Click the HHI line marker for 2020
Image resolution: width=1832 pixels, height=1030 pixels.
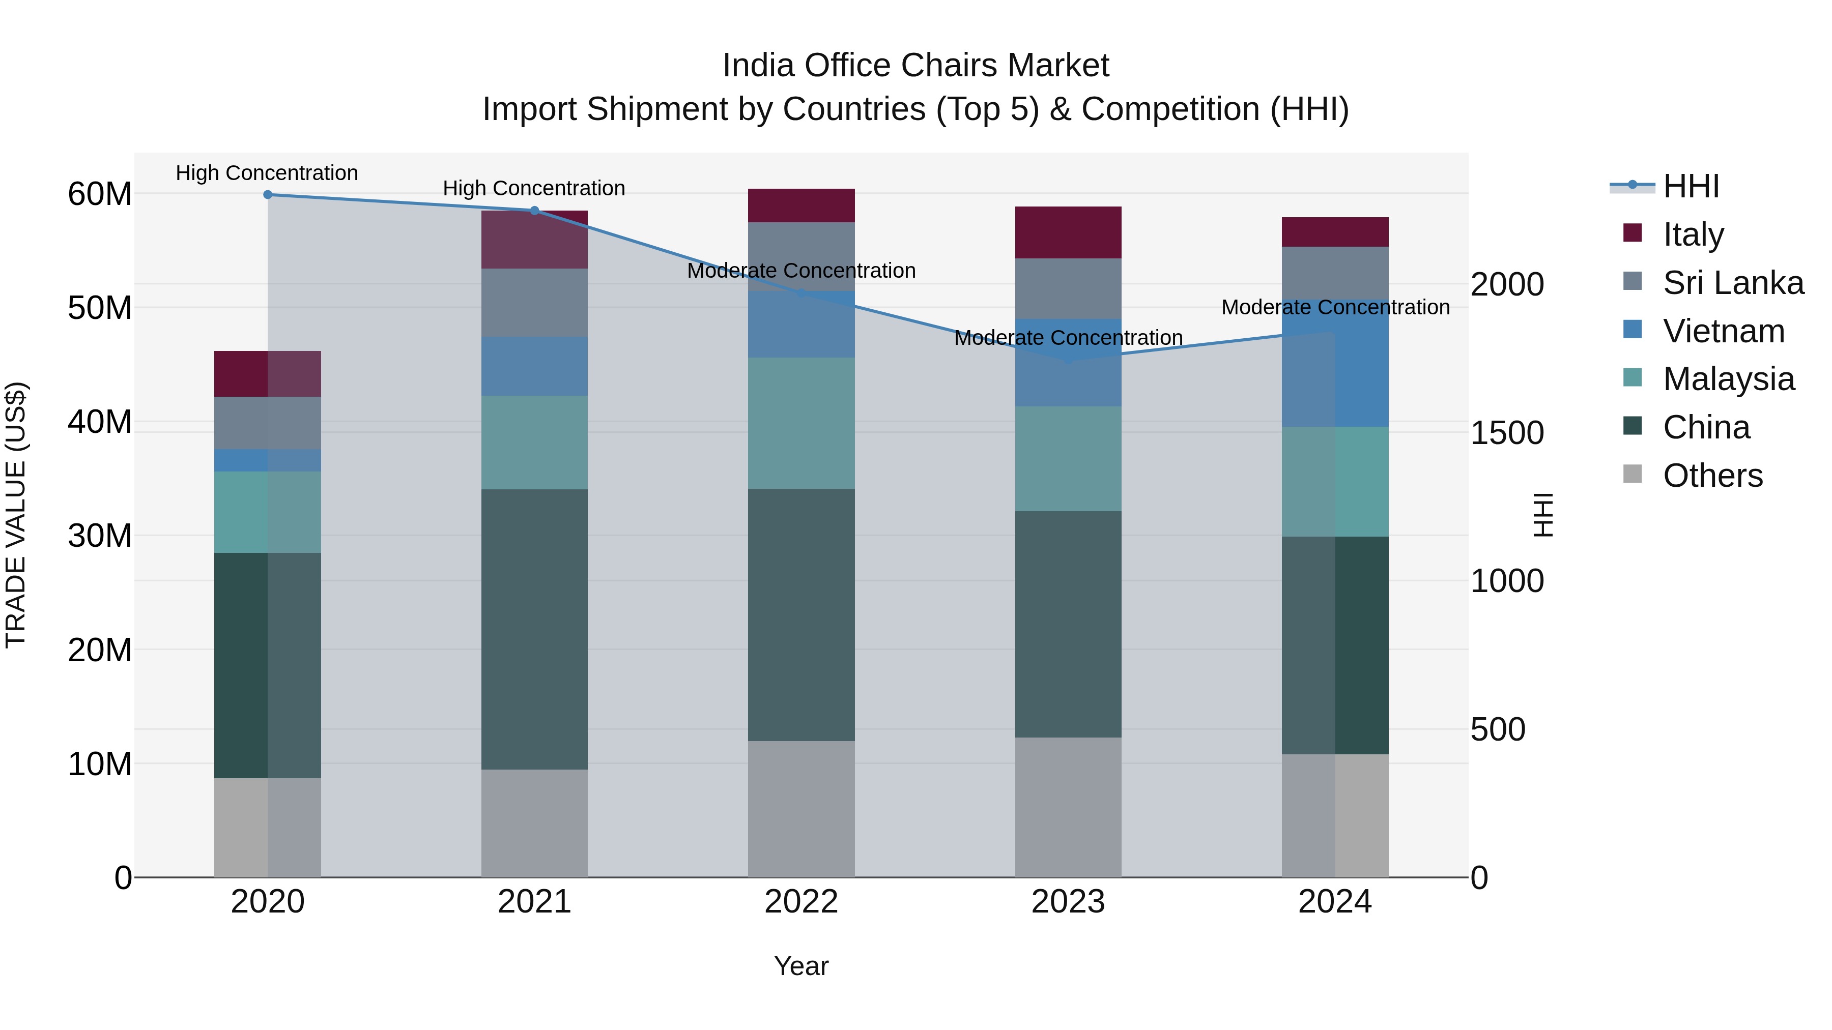267,195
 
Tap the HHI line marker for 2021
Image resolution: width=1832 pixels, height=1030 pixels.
535,211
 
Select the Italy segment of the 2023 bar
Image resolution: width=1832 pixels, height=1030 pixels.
1068,232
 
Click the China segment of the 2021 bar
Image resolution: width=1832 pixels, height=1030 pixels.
534,629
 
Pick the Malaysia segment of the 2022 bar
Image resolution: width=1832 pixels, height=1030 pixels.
801,423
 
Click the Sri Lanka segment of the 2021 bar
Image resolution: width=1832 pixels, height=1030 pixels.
534,302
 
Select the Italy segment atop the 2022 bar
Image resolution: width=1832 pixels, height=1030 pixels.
801,205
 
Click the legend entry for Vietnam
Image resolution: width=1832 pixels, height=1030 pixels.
1723,331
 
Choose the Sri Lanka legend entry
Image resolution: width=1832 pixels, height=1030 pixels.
1732,283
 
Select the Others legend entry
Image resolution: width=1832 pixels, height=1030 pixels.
1712,476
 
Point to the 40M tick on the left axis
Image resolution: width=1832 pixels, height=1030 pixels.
100,422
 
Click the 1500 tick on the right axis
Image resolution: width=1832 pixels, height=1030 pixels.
1507,433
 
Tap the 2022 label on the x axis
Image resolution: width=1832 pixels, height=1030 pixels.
801,902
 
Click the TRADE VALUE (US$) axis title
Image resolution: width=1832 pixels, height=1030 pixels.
16,515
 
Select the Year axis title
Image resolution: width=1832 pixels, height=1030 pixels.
801,966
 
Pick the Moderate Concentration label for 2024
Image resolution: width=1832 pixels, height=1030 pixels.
1335,307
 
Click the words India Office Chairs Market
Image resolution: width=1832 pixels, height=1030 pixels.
915,66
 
